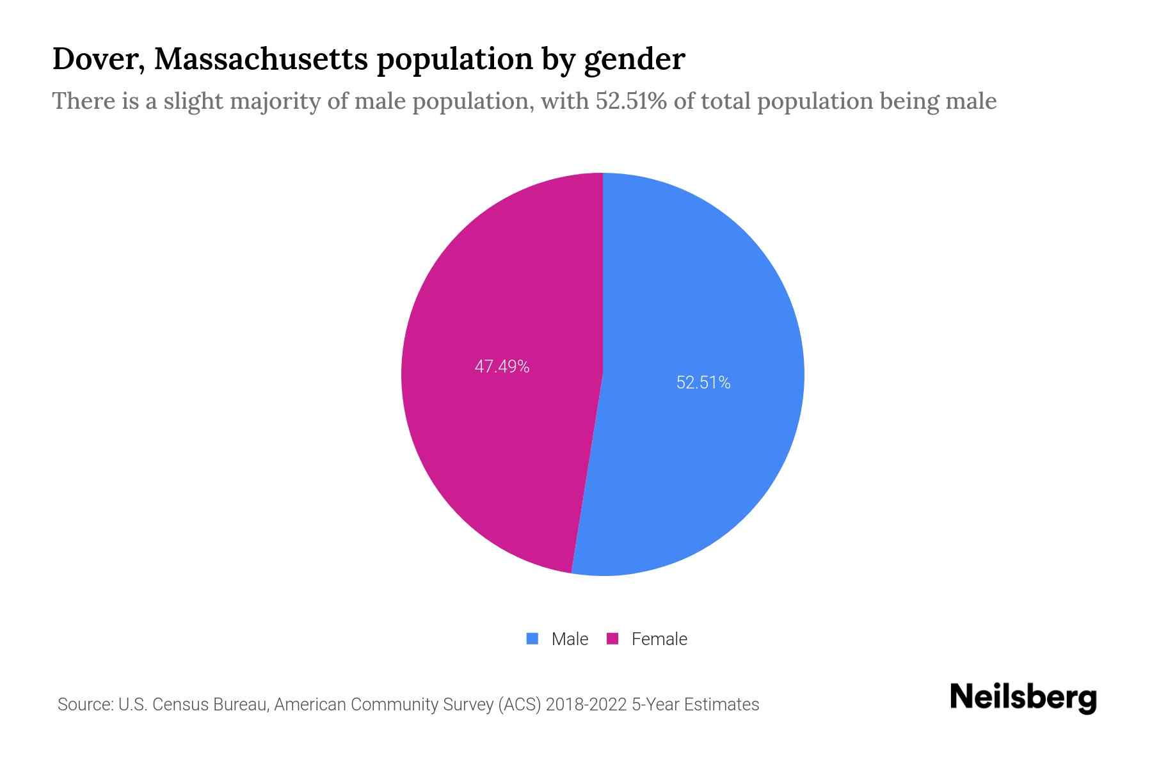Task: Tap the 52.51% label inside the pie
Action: pyautogui.click(x=703, y=383)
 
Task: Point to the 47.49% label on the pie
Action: pyautogui.click(x=502, y=367)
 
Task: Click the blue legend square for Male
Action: pyautogui.click(x=532, y=639)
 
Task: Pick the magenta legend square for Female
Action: pyautogui.click(x=612, y=639)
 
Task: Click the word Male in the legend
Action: pyautogui.click(x=570, y=639)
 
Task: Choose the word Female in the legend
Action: pyautogui.click(x=659, y=639)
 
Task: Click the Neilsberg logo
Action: pyautogui.click(x=1023, y=698)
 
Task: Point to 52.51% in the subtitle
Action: pyautogui.click(x=631, y=101)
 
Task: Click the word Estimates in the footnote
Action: pyautogui.click(x=721, y=705)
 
